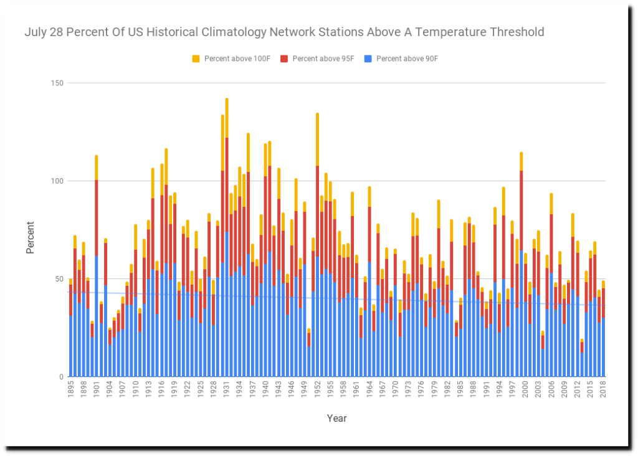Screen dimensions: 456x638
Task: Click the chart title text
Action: pyautogui.click(x=284, y=32)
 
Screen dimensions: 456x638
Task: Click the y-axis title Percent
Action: pyautogui.click(x=31, y=237)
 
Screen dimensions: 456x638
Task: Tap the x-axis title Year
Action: pyautogui.click(x=336, y=419)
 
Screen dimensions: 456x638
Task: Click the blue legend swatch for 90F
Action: pyautogui.click(x=368, y=59)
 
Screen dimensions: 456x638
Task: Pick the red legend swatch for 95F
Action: pyautogui.click(x=283, y=59)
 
